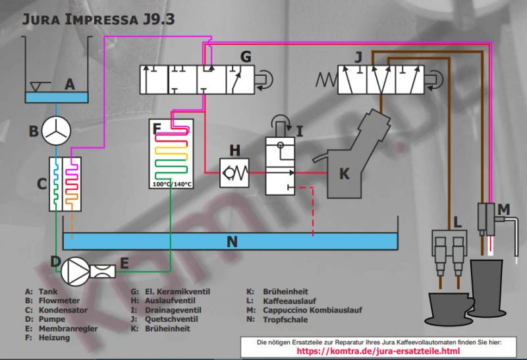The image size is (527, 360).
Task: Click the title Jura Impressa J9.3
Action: coord(99,18)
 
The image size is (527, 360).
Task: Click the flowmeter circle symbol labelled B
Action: coord(56,131)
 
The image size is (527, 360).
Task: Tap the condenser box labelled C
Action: coord(65,184)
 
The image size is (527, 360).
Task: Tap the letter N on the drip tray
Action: coord(231,242)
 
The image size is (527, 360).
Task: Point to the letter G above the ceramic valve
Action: coord(245,57)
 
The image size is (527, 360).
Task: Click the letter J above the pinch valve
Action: coord(358,57)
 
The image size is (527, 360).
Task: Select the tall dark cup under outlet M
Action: coord(488,287)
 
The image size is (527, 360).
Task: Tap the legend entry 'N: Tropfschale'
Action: coord(276,320)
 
